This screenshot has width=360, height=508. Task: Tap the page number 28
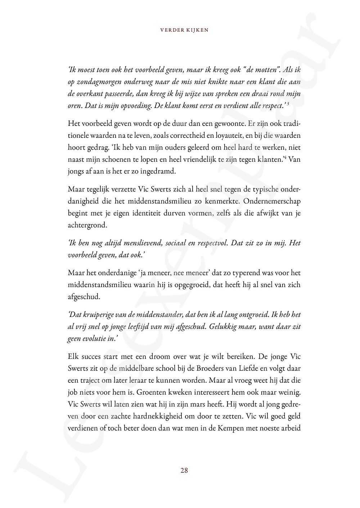pyautogui.click(x=184, y=470)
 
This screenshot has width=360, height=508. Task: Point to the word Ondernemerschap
pyautogui.click(x=273, y=201)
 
